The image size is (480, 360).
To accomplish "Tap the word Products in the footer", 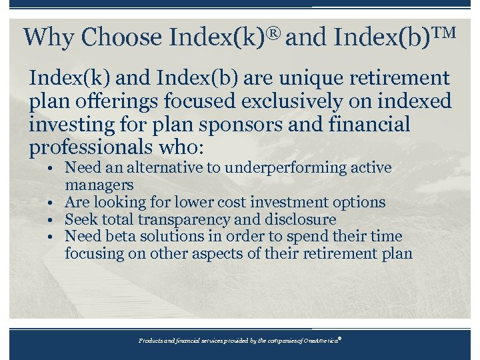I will click(152, 340).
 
